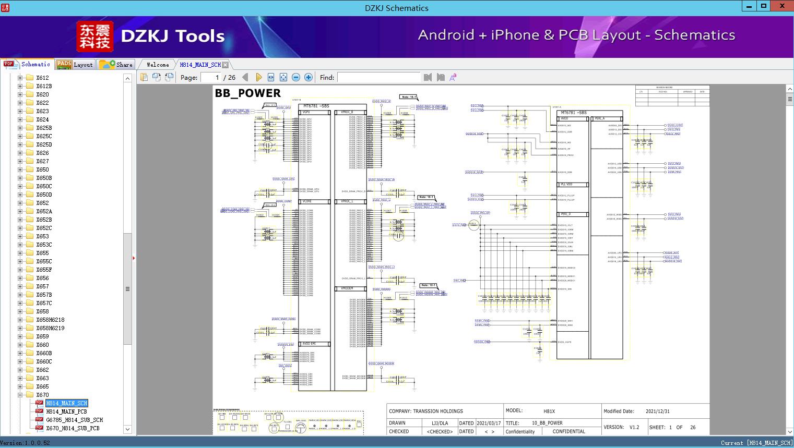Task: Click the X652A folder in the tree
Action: click(44, 211)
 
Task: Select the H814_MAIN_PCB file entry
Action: click(66, 411)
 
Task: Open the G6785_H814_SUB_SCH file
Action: click(74, 420)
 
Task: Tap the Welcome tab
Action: click(158, 65)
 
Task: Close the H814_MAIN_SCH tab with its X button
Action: click(225, 65)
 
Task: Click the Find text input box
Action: click(378, 77)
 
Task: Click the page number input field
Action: click(210, 77)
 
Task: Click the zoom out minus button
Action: click(296, 77)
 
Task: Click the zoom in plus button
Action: click(309, 77)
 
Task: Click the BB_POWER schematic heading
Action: click(248, 93)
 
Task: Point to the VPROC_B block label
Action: click(347, 112)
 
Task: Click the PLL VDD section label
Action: click(567, 185)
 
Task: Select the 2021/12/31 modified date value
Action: click(657, 411)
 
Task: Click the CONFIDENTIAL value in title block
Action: click(568, 431)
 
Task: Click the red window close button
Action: click(782, 6)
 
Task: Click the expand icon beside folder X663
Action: click(20, 378)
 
